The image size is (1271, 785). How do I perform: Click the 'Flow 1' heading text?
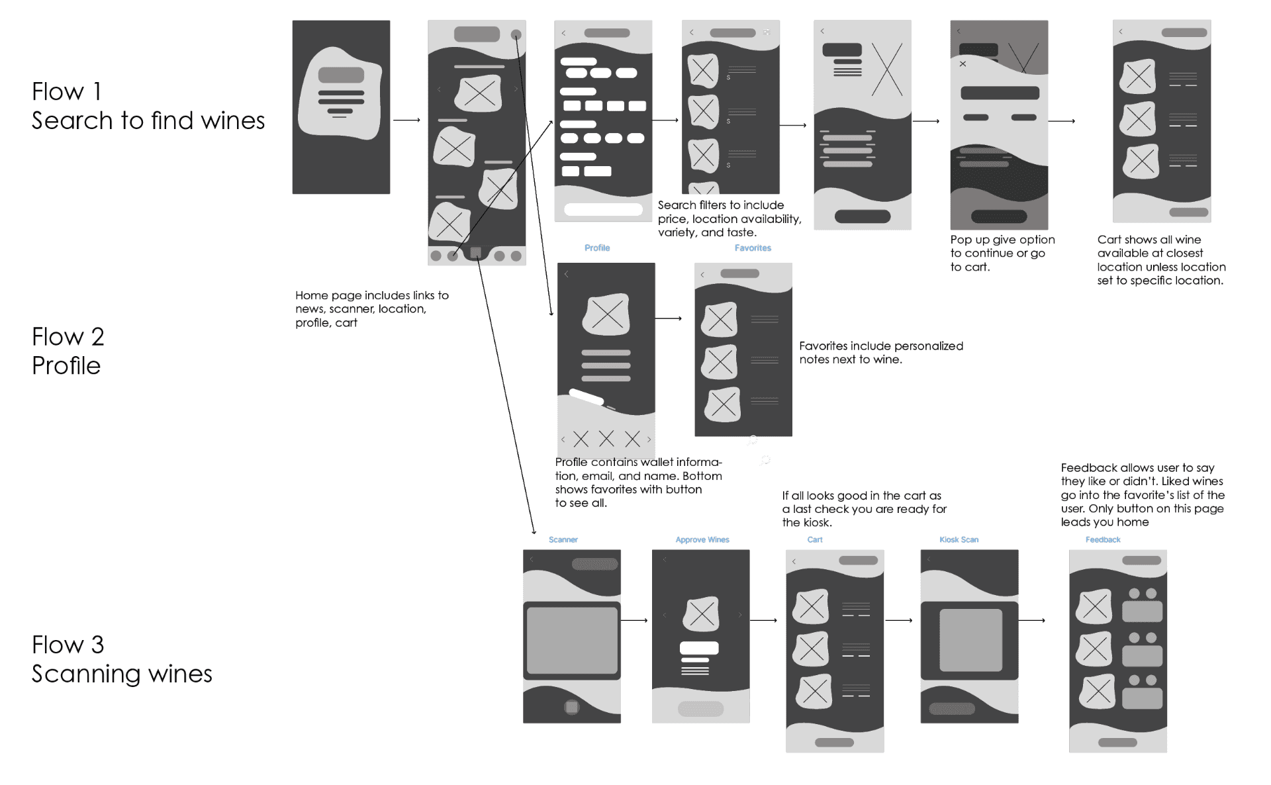click(x=67, y=91)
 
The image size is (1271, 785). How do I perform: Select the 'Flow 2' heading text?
click(x=68, y=337)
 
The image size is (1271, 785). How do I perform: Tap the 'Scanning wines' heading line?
click(x=122, y=674)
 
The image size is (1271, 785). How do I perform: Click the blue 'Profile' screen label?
click(x=596, y=248)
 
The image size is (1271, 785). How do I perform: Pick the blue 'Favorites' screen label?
click(x=753, y=248)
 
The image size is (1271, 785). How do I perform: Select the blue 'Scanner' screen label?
click(x=563, y=539)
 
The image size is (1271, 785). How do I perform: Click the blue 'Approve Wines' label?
click(x=702, y=539)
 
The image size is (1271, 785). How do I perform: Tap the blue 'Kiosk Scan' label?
click(x=959, y=539)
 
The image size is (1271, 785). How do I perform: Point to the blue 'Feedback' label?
click(x=1102, y=539)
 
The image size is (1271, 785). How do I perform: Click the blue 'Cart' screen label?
click(x=814, y=539)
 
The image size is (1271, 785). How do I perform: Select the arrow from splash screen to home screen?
click(x=406, y=120)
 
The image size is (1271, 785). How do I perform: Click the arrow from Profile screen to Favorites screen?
click(x=668, y=318)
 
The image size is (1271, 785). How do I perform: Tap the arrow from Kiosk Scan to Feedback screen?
click(x=1031, y=620)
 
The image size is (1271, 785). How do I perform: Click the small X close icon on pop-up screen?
click(x=963, y=64)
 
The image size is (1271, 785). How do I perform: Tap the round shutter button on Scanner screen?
click(x=571, y=707)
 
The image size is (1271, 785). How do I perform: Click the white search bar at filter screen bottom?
click(x=603, y=209)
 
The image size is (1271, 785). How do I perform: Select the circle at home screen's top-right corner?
click(x=516, y=34)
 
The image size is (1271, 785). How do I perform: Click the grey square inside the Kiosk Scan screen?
click(x=970, y=640)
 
